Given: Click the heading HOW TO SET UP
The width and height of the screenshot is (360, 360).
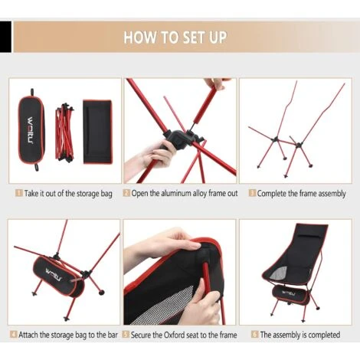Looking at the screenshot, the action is [x=175, y=38].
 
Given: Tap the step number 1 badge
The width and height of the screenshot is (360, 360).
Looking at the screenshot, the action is [x=19, y=193].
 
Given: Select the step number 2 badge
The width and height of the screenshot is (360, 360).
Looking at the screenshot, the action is [x=126, y=193].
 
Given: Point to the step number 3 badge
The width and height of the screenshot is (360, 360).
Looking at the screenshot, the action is [x=252, y=193].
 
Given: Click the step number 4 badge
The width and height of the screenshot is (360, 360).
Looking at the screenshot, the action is [x=14, y=334].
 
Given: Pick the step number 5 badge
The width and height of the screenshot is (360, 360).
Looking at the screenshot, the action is [x=126, y=334].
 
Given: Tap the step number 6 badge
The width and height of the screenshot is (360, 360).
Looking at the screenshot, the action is [x=254, y=334].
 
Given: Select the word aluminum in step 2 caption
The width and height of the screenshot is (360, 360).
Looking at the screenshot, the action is [x=176, y=193].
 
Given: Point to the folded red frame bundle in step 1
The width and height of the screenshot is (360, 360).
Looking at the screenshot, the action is [x=64, y=132].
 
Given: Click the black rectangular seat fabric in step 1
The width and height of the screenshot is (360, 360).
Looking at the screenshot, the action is [x=97, y=132].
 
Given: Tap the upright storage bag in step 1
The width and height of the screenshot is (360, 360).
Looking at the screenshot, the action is [x=31, y=130].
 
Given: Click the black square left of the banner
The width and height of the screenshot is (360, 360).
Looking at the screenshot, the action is [x=5, y=37].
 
